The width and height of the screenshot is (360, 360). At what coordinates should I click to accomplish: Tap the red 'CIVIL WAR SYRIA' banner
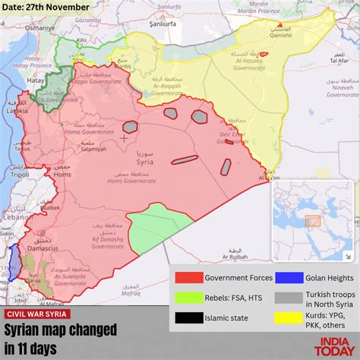[x=38, y=314]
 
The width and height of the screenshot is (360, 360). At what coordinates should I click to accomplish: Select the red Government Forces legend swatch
[x=188, y=278]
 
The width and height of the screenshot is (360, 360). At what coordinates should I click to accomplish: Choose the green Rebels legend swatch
[x=188, y=298]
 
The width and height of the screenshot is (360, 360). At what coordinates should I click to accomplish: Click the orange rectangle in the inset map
[x=312, y=221]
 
